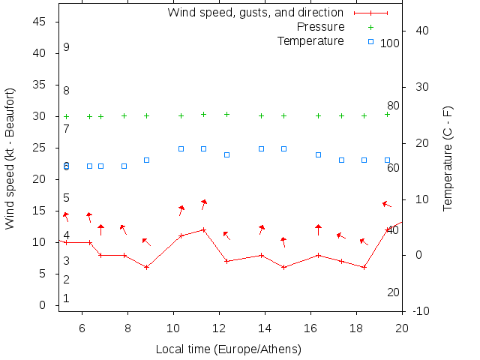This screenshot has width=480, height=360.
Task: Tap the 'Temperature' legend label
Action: (x=310, y=40)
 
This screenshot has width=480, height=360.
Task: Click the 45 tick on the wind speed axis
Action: (x=41, y=22)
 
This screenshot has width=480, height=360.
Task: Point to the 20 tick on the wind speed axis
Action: (x=41, y=179)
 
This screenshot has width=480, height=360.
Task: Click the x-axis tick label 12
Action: (x=219, y=328)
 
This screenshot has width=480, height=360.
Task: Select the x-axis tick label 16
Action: (x=310, y=328)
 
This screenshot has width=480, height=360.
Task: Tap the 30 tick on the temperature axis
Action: (x=418, y=87)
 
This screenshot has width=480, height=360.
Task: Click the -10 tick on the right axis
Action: (x=421, y=311)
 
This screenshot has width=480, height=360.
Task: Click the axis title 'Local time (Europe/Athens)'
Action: (x=228, y=349)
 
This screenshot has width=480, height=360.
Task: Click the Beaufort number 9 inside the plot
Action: (x=67, y=47)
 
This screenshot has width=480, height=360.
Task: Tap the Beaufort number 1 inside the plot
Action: (x=67, y=298)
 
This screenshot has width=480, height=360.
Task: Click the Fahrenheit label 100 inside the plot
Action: (x=390, y=43)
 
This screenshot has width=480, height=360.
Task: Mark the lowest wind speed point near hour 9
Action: (x=146, y=267)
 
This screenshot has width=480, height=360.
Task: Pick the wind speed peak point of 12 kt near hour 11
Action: (x=203, y=229)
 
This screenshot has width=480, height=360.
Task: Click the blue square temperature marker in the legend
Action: (x=370, y=40)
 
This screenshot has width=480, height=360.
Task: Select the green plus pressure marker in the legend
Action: (x=370, y=27)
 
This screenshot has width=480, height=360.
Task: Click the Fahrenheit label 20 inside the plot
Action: (x=393, y=292)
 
